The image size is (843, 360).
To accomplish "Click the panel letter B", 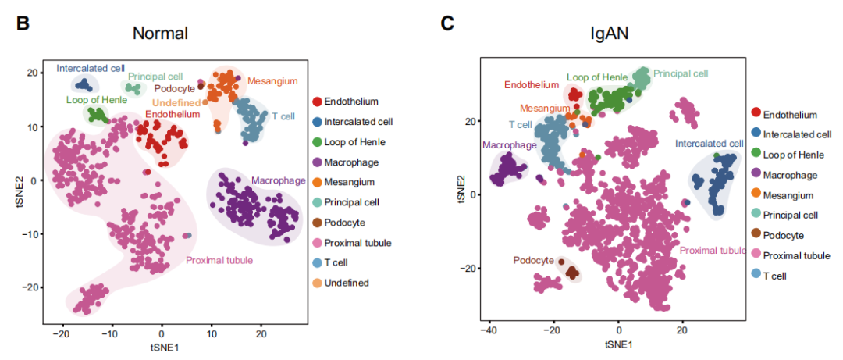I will [x=23, y=23].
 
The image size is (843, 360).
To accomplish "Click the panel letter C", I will [x=447, y=23].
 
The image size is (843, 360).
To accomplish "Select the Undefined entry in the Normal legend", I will [x=347, y=283].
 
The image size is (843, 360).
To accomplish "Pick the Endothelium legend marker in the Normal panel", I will [x=318, y=102].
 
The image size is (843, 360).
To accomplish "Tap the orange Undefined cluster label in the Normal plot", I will [x=176, y=102].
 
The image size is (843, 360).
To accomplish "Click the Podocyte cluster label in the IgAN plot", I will [x=534, y=260].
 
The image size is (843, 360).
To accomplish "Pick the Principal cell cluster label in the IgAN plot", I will [x=681, y=73].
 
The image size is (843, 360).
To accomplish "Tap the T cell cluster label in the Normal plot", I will [x=283, y=116].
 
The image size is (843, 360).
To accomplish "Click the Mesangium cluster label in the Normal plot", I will [x=273, y=81].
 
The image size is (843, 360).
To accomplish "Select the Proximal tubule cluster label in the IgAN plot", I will [x=713, y=251].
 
